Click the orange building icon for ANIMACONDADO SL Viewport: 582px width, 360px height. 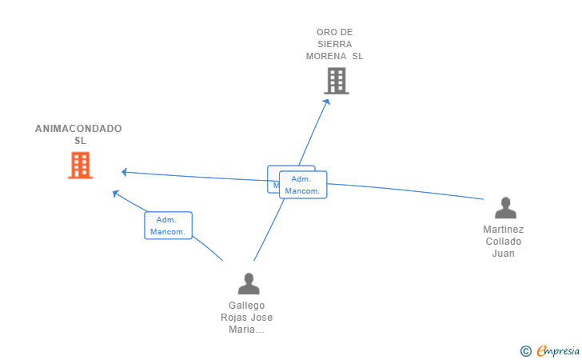tap(80, 166)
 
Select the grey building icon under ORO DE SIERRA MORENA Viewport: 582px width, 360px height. tap(337, 81)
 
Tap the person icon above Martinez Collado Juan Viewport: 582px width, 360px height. tap(505, 208)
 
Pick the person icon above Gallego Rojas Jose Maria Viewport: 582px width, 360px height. tap(249, 284)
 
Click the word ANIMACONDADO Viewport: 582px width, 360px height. tap(78, 129)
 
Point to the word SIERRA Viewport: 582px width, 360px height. tap(334, 44)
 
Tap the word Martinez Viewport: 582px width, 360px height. tap(504, 230)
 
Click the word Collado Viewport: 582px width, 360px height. tap(504, 242)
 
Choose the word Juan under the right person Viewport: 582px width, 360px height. tap(504, 254)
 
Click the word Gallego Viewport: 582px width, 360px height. tap(246, 306)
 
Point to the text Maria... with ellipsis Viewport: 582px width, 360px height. tap(246, 330)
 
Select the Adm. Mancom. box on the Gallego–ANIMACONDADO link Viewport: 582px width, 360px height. tap(168, 226)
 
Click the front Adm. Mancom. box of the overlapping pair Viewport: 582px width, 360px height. tap(303, 185)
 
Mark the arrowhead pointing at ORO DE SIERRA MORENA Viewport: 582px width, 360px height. tap(326, 102)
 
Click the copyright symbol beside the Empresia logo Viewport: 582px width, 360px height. tap(526, 350)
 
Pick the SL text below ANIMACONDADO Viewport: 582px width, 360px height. tap(80, 141)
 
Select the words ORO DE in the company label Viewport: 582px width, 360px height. tap(334, 32)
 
